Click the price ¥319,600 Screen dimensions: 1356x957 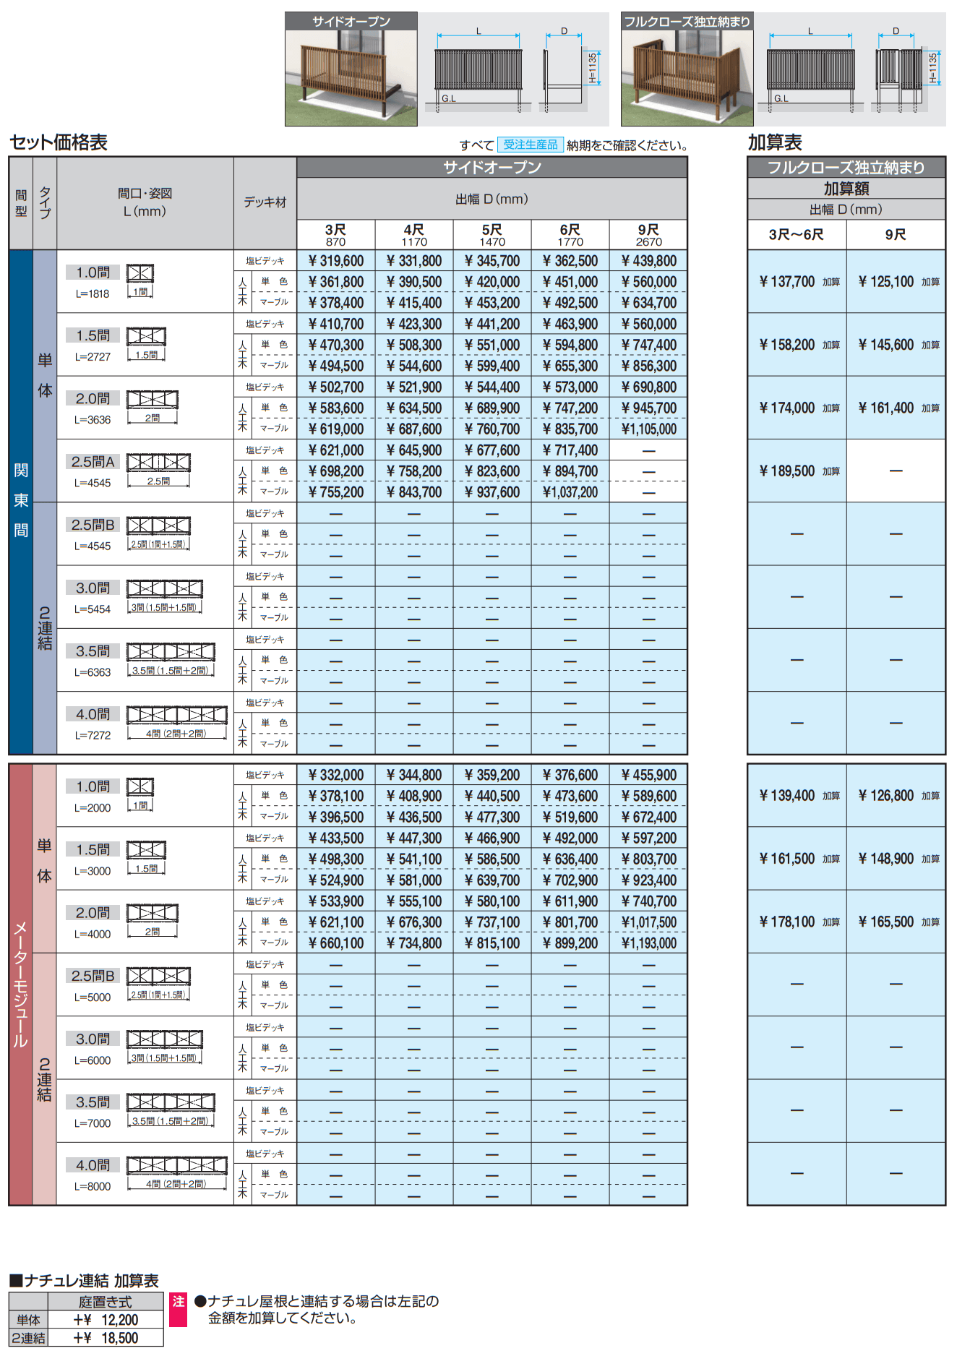336,261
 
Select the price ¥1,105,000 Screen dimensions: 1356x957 648,429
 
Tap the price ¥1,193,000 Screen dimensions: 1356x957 648,943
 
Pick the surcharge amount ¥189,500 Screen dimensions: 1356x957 787,471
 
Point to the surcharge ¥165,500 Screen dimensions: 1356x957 886,922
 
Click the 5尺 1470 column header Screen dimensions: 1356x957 492,235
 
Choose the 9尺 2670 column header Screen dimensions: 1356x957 648,235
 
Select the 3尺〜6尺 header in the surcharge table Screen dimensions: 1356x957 797,235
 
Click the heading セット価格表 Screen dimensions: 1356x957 59,142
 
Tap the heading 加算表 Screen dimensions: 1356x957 775,142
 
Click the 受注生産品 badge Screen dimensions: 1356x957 531,145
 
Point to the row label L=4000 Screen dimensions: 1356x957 93,935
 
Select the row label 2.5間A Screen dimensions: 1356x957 93,462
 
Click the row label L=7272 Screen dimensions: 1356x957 93,736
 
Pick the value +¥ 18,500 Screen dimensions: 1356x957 106,1338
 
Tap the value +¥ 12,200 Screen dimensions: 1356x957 106,1320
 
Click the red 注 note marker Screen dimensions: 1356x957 178,1302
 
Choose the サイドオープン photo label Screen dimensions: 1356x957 351,22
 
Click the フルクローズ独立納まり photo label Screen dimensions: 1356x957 687,22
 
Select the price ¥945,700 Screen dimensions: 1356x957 648,408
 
